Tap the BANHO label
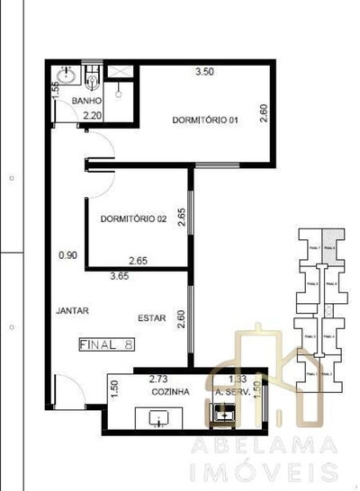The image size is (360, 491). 87,103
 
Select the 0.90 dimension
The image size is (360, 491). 68,255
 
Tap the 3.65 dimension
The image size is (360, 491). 121,277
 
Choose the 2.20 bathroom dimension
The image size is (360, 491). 91,116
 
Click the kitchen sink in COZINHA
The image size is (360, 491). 157,417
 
